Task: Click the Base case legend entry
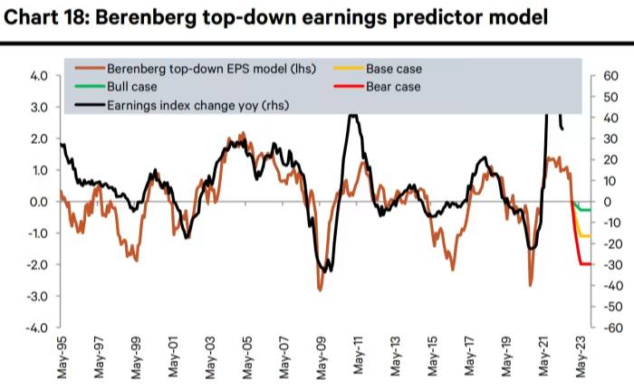pyautogui.click(x=393, y=69)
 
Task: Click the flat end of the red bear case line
pyautogui.click(x=588, y=263)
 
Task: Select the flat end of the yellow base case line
pyautogui.click(x=587, y=235)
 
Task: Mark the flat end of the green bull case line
pyautogui.click(x=587, y=210)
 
